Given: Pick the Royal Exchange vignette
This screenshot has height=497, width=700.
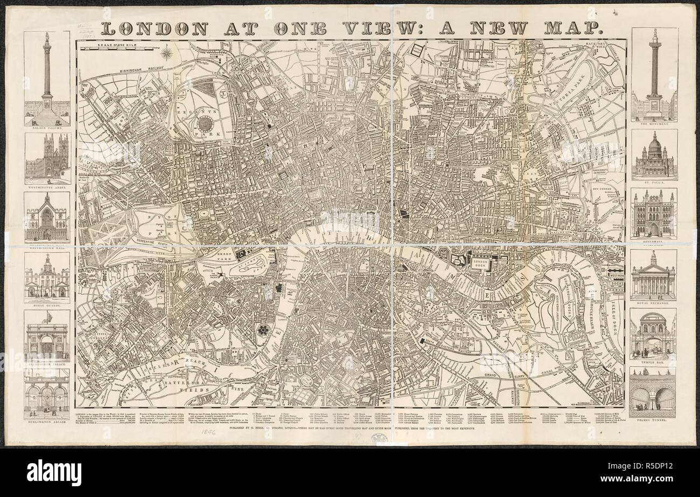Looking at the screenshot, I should point(654,275).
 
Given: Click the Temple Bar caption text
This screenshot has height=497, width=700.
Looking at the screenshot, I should point(654,362).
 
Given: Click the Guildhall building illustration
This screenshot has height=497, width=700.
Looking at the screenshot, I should point(654,214).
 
